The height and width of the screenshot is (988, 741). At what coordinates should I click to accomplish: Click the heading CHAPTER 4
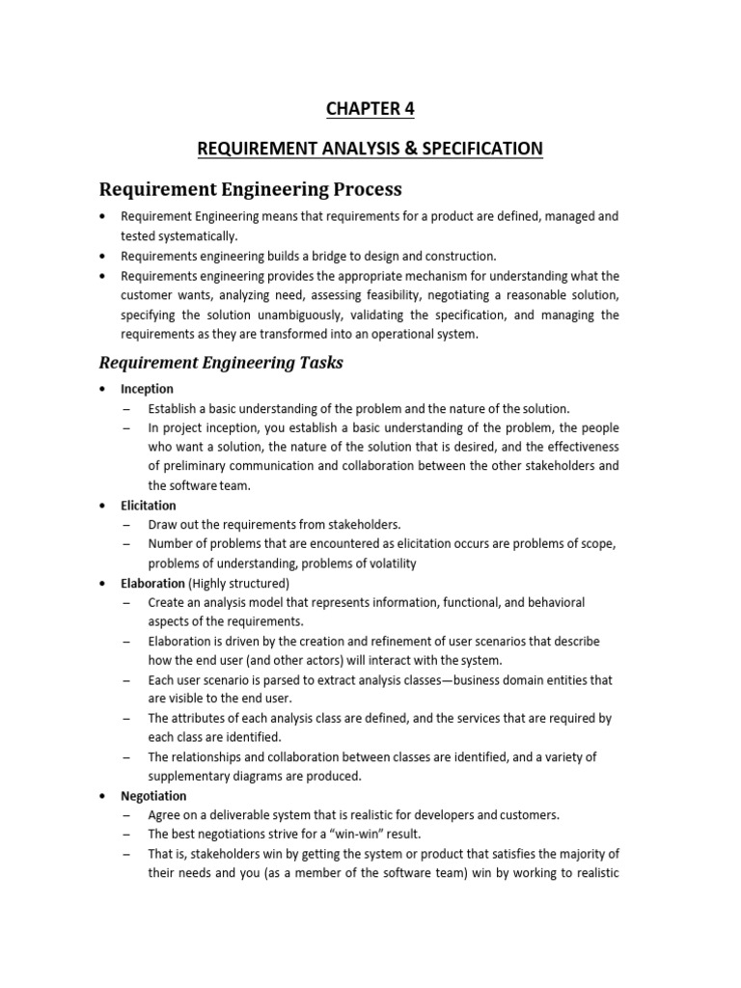(370, 109)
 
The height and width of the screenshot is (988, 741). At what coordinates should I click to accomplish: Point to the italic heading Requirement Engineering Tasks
(222, 363)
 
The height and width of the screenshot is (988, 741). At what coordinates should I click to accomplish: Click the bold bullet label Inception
(147, 389)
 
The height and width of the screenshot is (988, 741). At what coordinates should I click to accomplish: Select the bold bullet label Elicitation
(149, 505)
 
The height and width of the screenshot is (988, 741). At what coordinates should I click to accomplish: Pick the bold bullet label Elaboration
(152, 583)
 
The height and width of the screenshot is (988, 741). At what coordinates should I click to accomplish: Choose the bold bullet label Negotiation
(153, 796)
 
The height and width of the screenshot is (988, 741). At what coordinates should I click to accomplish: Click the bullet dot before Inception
(103, 389)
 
